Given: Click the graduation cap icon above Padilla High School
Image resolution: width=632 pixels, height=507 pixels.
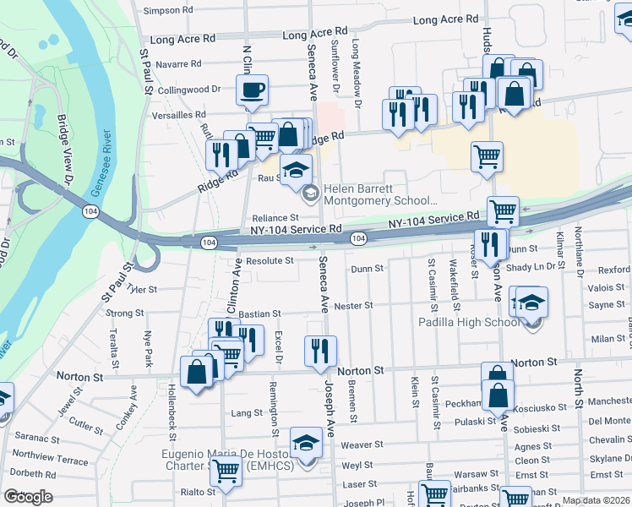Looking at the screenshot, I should (531, 303).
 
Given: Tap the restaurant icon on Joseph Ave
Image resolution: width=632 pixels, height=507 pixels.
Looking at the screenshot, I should (319, 351).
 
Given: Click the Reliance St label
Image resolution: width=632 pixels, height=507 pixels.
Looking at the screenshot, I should (275, 218).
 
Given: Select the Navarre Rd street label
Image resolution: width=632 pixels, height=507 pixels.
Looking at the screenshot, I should (178, 63).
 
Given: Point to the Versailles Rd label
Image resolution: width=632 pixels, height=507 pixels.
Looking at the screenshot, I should (177, 115).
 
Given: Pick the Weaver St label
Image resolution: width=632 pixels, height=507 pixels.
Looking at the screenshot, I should (362, 444).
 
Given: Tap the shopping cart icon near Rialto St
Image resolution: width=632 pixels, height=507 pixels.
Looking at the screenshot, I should (226, 471).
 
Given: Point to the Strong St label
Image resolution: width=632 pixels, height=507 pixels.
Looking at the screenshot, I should (125, 313).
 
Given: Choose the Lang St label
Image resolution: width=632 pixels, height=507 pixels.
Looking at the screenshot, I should (247, 413).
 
